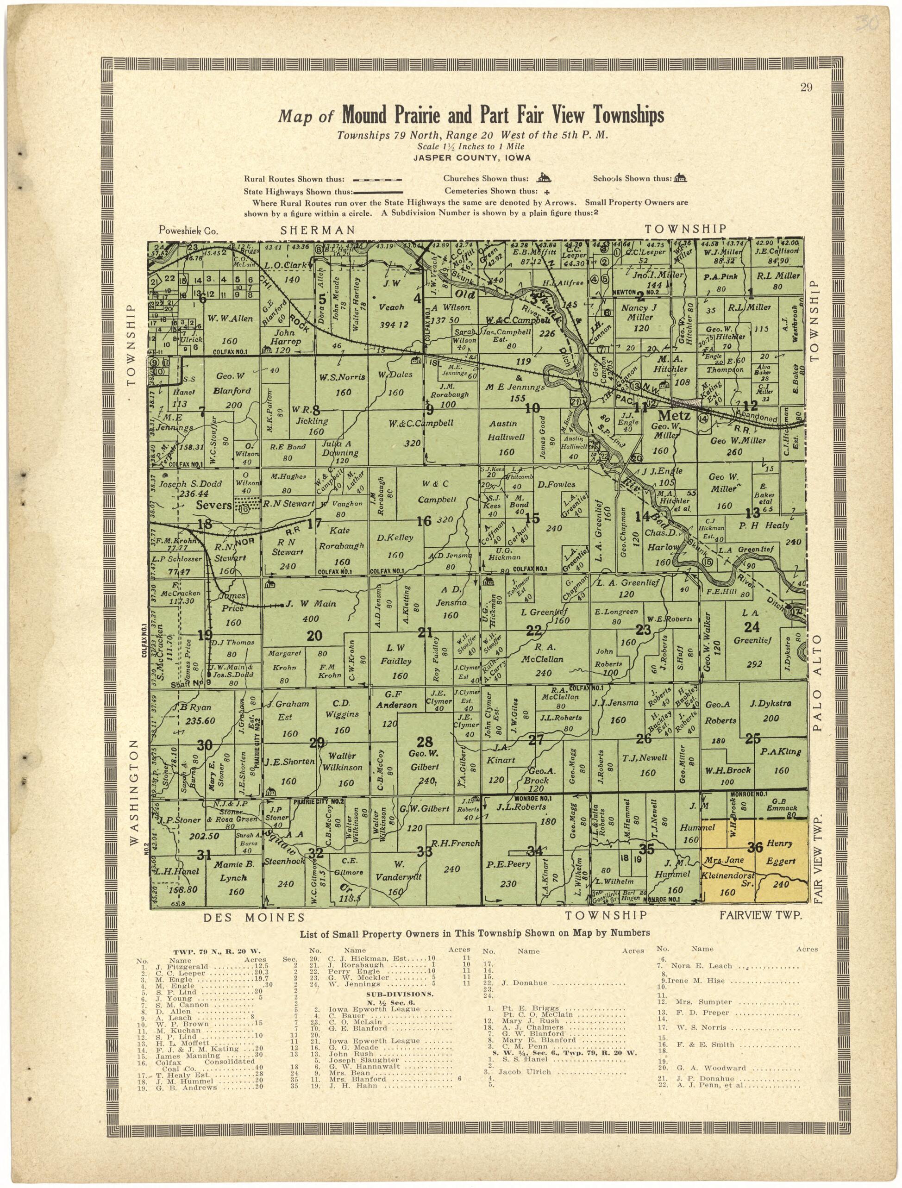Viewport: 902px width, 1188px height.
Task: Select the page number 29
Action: click(806, 88)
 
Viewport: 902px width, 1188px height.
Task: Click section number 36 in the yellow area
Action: click(755, 848)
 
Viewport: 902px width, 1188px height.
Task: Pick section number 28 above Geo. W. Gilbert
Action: click(425, 742)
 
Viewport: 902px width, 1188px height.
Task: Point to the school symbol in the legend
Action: click(681, 178)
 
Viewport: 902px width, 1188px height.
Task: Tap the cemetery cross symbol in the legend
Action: click(546, 192)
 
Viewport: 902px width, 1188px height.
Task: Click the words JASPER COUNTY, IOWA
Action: click(472, 158)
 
